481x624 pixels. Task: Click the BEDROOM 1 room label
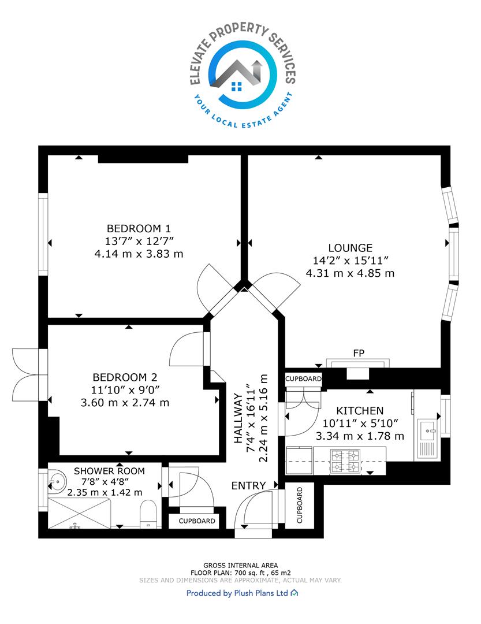[x=139, y=228]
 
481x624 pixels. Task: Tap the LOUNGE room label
[x=350, y=248]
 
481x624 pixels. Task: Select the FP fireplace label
[x=359, y=353]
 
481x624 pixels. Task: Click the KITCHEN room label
[x=360, y=411]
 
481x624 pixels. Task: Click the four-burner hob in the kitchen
[x=345, y=461]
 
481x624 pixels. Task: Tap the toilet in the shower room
[x=148, y=514]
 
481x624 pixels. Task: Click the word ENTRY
[x=249, y=485]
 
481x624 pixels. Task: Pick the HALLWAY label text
[x=238, y=418]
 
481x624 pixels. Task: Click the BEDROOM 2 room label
[x=125, y=377]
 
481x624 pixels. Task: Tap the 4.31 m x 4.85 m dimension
[x=350, y=273]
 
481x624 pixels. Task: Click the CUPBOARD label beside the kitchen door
[x=303, y=378]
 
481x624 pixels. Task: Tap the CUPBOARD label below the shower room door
[x=197, y=521]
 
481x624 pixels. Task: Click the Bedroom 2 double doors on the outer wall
[x=26, y=374]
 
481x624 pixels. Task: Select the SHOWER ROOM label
[x=109, y=471]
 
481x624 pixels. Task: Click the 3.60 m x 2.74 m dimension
[x=125, y=403]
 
